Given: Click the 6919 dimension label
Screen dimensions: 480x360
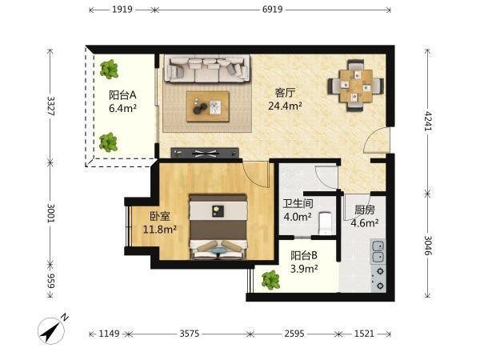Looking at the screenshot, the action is pos(273,10).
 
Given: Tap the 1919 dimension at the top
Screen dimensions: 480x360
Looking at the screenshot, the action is pos(122,10).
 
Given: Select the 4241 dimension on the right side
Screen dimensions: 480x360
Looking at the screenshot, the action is pos(428,121).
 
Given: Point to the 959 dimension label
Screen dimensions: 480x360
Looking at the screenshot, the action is pos(51,281).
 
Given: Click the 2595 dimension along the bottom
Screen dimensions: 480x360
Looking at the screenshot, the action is pos(294,334).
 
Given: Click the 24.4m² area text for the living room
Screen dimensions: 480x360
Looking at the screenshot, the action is pos(286,106).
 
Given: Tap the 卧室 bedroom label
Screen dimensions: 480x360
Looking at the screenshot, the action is pos(159,217).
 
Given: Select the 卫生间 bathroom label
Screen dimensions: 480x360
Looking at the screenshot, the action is pos(298,203).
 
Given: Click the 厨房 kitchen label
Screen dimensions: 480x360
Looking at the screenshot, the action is pos(365,210).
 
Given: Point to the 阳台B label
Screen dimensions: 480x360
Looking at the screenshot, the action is pos(304,255).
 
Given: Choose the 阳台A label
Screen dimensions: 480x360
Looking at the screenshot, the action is pos(122,95).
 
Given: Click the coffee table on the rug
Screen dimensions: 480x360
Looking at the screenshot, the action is pos(208,106).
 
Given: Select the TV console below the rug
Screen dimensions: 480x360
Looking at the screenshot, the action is pos(205,153).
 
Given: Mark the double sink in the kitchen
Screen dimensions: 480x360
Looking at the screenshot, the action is pos(378,252).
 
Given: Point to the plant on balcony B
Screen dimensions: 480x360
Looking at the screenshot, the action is pos(270,280).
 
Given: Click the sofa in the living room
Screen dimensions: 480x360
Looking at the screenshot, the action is pos(207,69).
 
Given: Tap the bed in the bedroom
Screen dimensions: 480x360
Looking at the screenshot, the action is pos(218,227).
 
